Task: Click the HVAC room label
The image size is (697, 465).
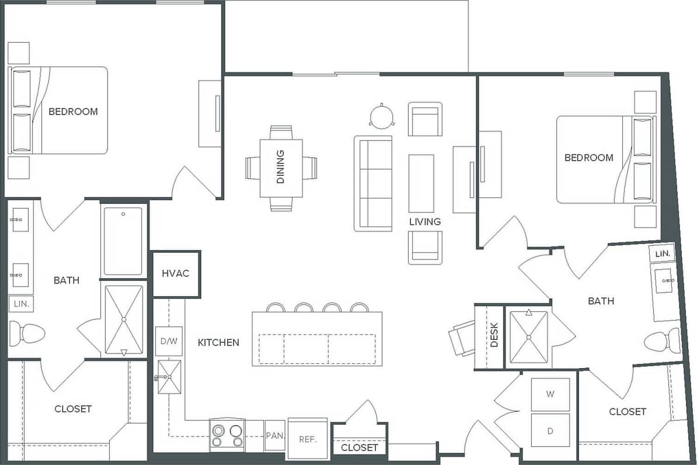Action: [x=176, y=273]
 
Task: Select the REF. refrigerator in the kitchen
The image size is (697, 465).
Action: [x=308, y=439]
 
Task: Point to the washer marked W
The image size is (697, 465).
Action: [x=550, y=394]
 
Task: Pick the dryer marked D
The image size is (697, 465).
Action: [x=550, y=431]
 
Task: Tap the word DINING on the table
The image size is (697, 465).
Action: [x=281, y=168]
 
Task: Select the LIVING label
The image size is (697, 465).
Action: [x=424, y=222]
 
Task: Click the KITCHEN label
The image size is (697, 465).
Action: [x=218, y=342]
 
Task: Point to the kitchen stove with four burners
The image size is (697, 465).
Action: [x=227, y=436]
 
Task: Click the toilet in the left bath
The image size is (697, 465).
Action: [x=27, y=334]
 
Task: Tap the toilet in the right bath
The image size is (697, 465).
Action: [x=664, y=341]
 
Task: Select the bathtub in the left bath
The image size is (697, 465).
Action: [x=123, y=241]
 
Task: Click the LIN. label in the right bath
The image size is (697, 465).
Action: [x=662, y=254]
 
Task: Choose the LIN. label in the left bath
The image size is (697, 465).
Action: [x=20, y=304]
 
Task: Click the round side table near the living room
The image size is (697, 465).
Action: [x=382, y=116]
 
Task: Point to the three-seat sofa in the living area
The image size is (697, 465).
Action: [x=372, y=183]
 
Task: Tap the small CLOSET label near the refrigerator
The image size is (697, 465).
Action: [x=359, y=447]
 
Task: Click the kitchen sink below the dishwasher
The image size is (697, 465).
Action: [x=169, y=378]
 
